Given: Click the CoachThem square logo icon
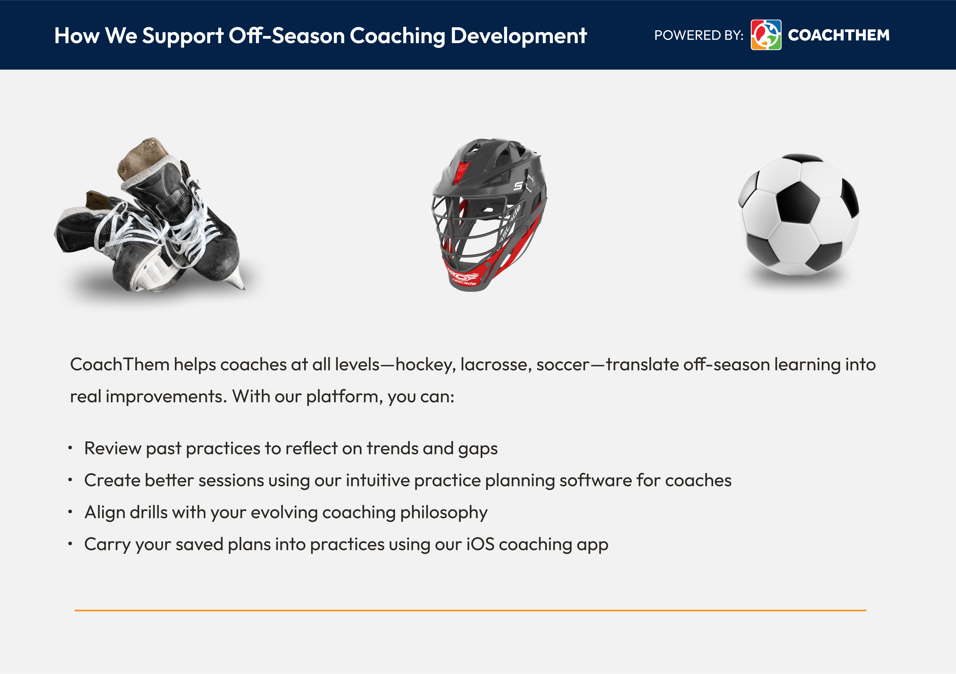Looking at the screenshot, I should click(x=766, y=35).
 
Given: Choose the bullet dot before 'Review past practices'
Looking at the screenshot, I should click(x=70, y=448).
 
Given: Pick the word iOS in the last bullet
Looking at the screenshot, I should click(x=480, y=544).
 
